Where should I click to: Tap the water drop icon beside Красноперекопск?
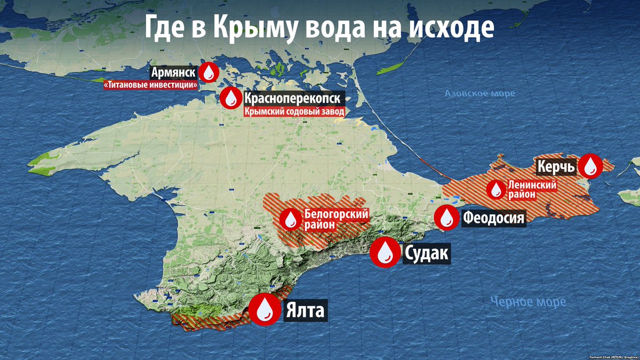point(231,97)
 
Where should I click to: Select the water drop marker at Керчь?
point(590,166)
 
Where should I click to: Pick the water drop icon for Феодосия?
point(445,218)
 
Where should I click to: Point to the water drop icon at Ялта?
point(265,309)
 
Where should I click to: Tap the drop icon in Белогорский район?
point(291,219)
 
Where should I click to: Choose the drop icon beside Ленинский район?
point(495,189)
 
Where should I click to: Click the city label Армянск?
point(174,73)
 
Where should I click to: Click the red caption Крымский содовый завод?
point(294,112)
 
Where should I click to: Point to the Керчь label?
point(556,167)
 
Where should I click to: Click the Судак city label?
point(427,253)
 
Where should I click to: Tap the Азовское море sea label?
point(480,94)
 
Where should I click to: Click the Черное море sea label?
point(528,302)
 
